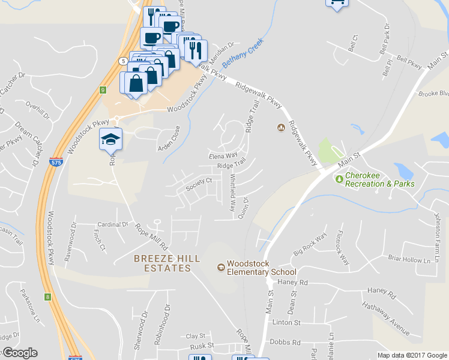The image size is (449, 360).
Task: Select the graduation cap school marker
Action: (110, 139)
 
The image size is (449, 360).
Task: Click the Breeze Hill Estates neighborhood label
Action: (162, 263)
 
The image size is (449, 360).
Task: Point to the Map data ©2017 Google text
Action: (412, 355)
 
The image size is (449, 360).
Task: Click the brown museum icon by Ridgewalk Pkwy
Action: (280, 127)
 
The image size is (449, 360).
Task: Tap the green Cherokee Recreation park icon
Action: (339, 179)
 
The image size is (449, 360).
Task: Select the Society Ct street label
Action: (199, 184)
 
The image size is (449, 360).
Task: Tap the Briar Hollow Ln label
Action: (410, 260)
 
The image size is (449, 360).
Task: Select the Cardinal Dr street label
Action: (113, 224)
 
